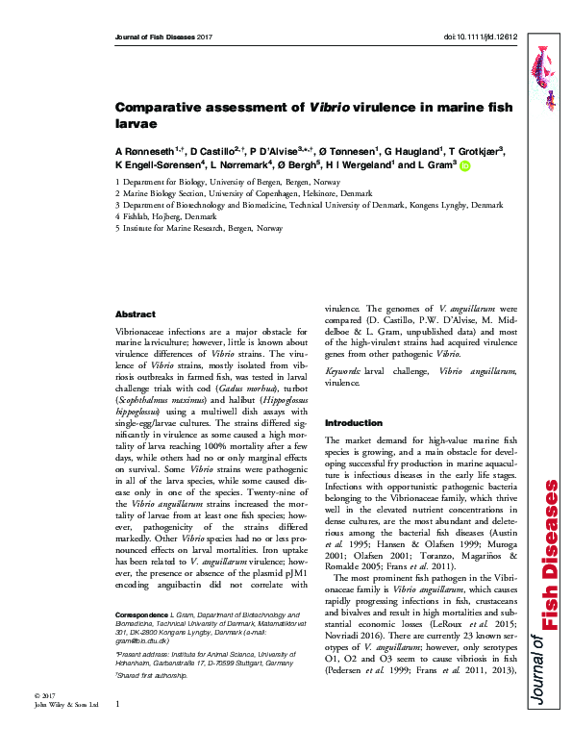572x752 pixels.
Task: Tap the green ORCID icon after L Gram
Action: pos(465,165)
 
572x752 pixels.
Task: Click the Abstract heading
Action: pos(135,314)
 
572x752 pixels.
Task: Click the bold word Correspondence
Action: pos(140,641)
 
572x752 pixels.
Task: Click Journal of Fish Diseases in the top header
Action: pos(154,37)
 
